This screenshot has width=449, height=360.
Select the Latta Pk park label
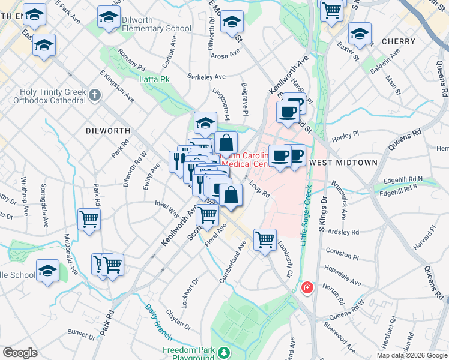coord(154,79)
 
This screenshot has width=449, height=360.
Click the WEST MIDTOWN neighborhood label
coord(343,163)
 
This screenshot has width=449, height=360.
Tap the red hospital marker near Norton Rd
coord(307,288)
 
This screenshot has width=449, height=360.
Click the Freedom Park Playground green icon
coord(224,352)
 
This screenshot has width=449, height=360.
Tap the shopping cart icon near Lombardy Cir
coord(264,240)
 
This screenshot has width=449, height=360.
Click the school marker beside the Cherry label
coord(360,34)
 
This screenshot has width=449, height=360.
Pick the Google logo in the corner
coord(20,353)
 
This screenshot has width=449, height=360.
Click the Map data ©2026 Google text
coord(412,355)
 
